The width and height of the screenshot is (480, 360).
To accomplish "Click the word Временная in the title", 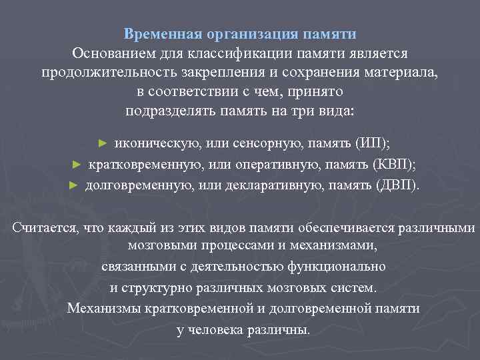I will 156,33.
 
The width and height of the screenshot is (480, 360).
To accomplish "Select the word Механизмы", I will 104,309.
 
